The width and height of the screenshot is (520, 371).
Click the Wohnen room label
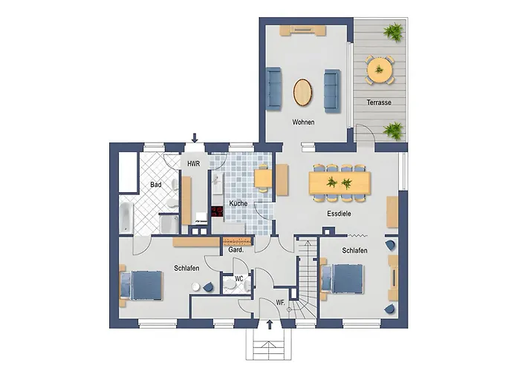pyautogui.click(x=303, y=122)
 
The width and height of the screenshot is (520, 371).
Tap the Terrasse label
pyautogui.click(x=379, y=102)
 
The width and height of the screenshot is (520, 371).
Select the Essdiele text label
pyautogui.click(x=339, y=214)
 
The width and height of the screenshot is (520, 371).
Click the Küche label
pyautogui.click(x=238, y=203)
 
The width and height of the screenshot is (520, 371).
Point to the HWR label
pyautogui.click(x=193, y=164)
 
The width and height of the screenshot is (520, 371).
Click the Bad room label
pyautogui.click(x=156, y=184)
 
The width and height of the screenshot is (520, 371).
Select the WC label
pyautogui.click(x=239, y=280)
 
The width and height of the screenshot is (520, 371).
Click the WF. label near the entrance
pyautogui.click(x=280, y=302)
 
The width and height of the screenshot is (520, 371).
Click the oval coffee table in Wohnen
pyautogui.click(x=303, y=92)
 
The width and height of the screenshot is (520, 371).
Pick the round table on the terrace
pyautogui.click(x=380, y=70)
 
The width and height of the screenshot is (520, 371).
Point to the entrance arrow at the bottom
pyautogui.click(x=269, y=324)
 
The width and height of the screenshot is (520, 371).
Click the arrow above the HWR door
pyautogui.click(x=195, y=137)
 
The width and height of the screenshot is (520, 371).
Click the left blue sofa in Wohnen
pyautogui.click(x=273, y=86)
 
